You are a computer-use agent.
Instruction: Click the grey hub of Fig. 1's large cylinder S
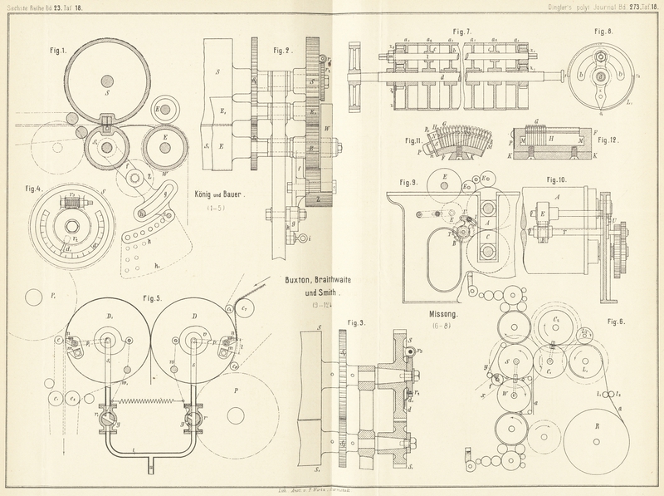pyautogui.click(x=110, y=81)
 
